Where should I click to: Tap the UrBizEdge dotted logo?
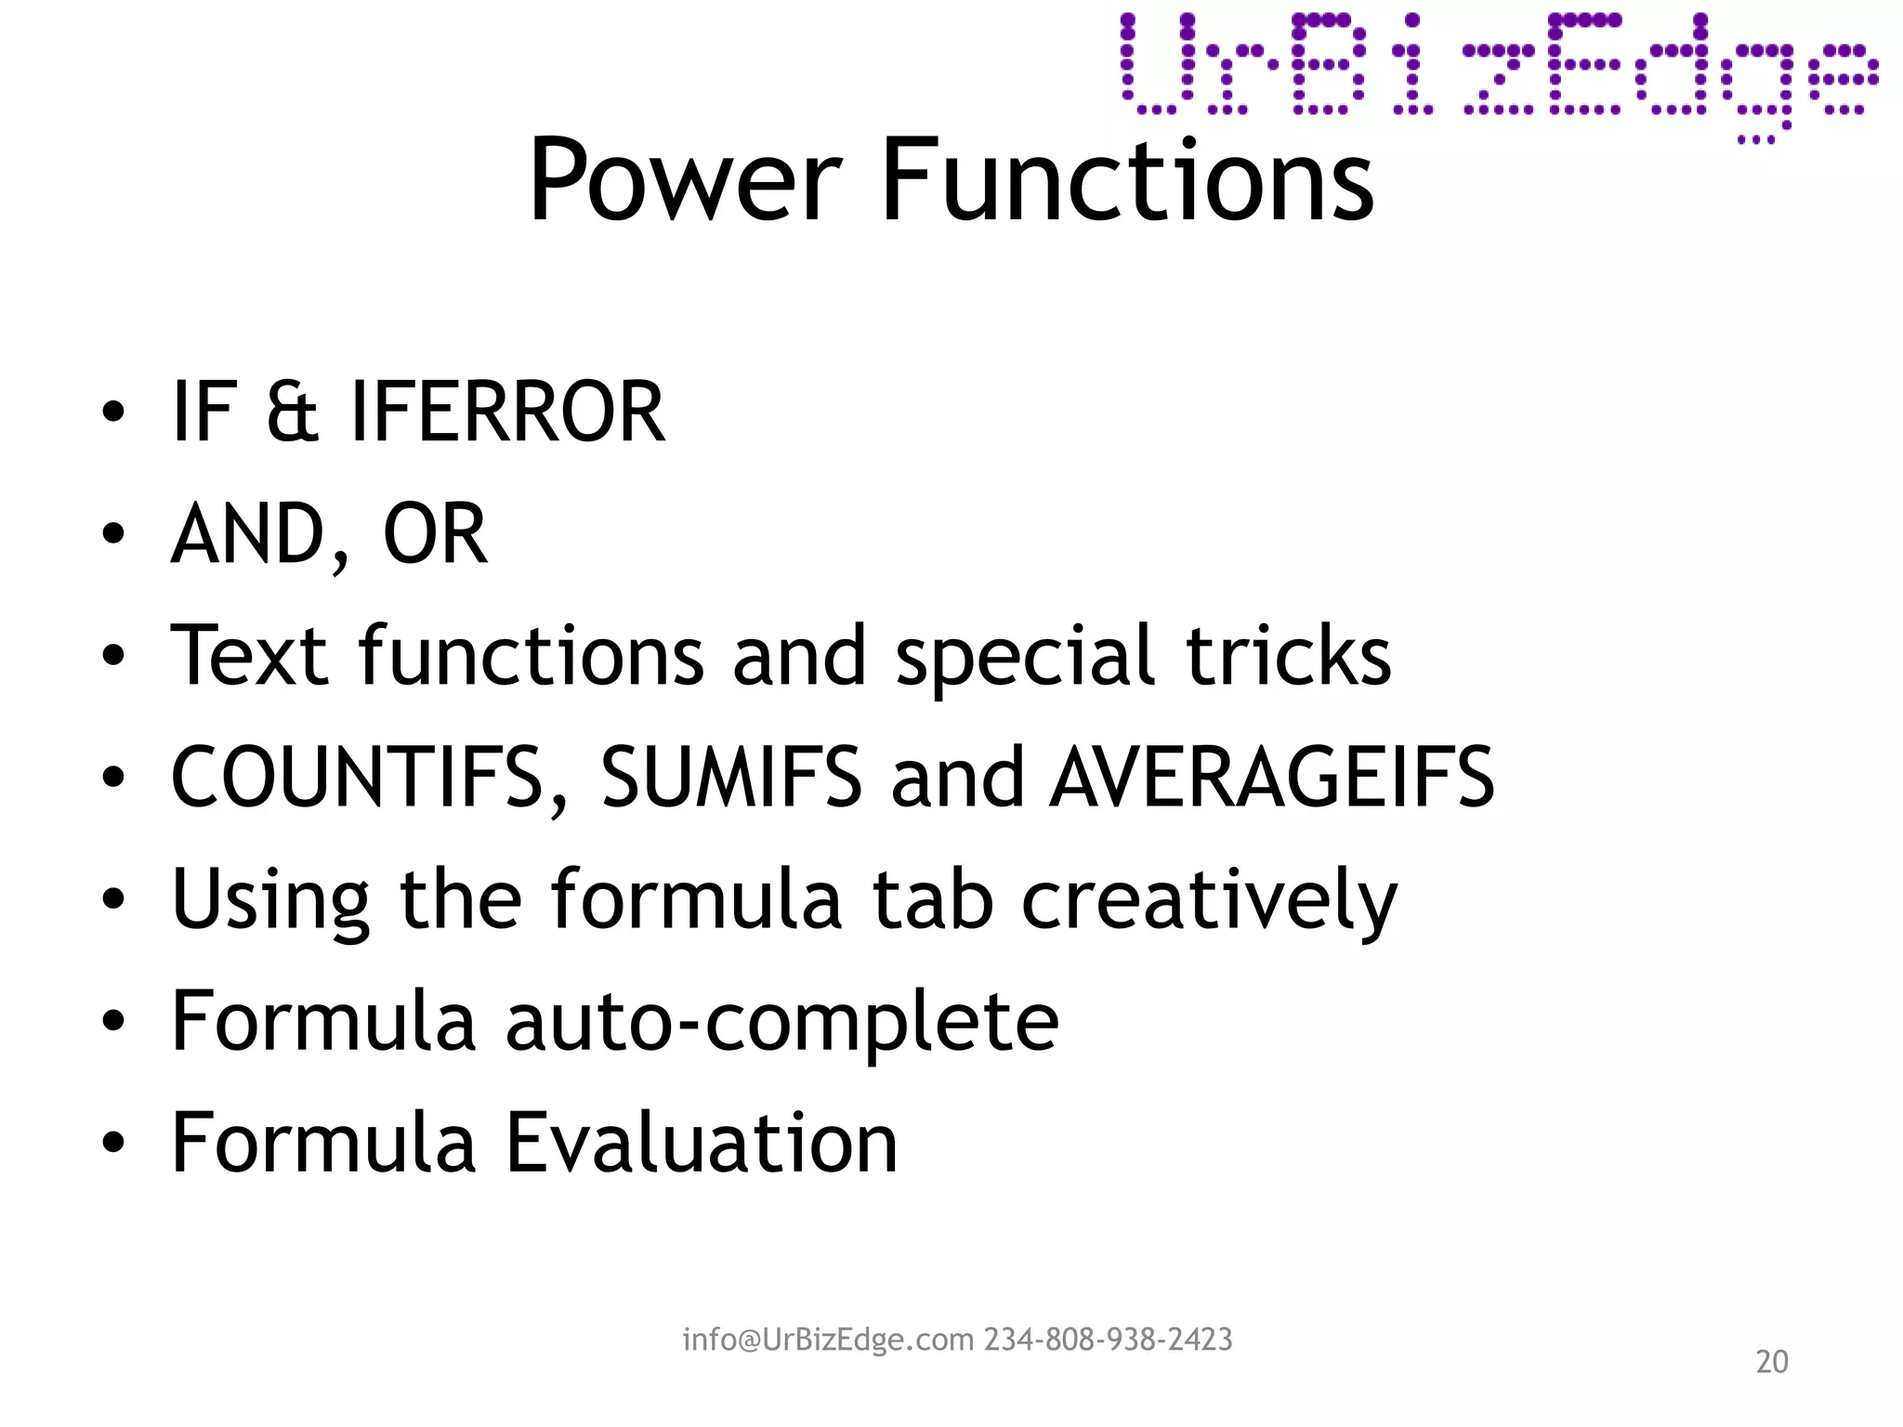[x=1498, y=70]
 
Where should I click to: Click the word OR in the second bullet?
[x=435, y=534]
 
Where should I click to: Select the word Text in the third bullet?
[x=250, y=656]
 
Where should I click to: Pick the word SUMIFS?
[x=731, y=778]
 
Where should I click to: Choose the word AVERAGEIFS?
[x=1271, y=778]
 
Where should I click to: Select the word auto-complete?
[x=781, y=1022]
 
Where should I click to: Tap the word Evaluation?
[x=702, y=1143]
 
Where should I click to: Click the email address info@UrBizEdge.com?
[x=828, y=1340]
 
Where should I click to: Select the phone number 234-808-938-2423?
[x=1109, y=1340]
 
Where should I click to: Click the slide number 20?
[x=1771, y=1362]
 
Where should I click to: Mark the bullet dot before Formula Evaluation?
[x=113, y=1145]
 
